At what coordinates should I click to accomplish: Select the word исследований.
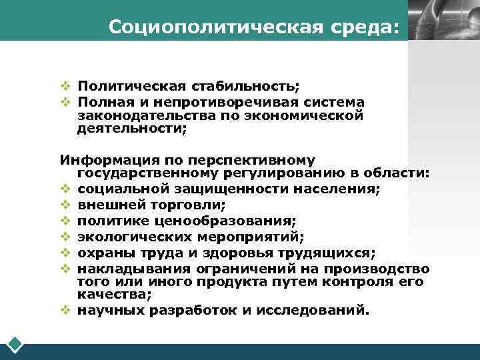pyautogui.click(x=312, y=309)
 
